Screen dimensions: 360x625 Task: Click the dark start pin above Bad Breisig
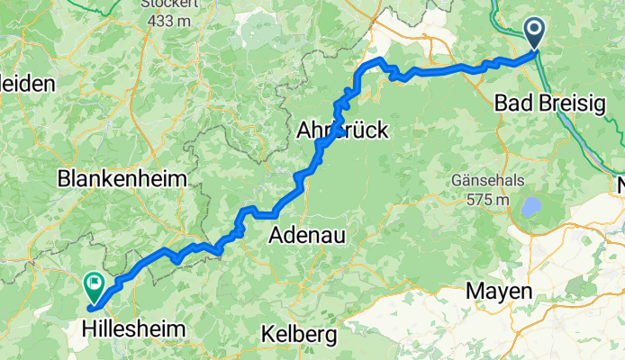click(534, 35)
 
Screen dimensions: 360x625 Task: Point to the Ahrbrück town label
click(342, 131)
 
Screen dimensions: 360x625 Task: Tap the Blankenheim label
click(122, 179)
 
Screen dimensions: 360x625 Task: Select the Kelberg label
click(298, 335)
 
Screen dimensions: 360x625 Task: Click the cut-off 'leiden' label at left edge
click(27, 84)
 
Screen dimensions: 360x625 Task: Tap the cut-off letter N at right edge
click(620, 186)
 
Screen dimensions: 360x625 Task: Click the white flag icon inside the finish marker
click(94, 283)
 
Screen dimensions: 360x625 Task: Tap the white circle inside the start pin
click(534, 31)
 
